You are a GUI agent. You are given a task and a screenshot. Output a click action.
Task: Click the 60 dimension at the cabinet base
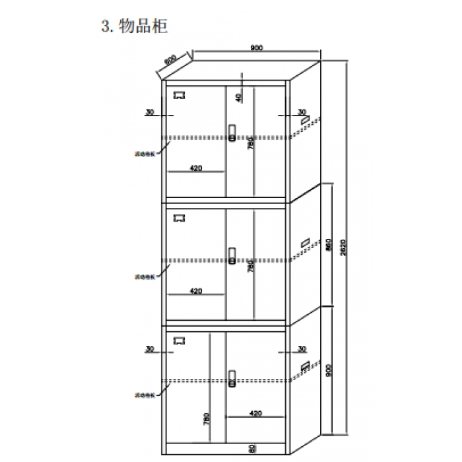click(x=252, y=449)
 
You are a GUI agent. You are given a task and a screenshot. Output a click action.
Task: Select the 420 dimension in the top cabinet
click(x=195, y=168)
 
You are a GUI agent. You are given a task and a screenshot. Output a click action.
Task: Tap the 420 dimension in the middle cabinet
click(x=195, y=290)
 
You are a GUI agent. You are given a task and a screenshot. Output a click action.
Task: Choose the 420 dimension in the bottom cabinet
click(x=256, y=413)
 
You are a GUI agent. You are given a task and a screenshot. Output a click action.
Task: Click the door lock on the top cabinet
click(x=232, y=133)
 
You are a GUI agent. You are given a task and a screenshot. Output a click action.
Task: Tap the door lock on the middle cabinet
click(x=232, y=255)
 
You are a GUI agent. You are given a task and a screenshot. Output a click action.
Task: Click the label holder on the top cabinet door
click(x=179, y=95)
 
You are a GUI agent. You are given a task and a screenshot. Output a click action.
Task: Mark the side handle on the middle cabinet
click(x=305, y=243)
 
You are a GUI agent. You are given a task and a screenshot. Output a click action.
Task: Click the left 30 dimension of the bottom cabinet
click(x=149, y=348)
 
